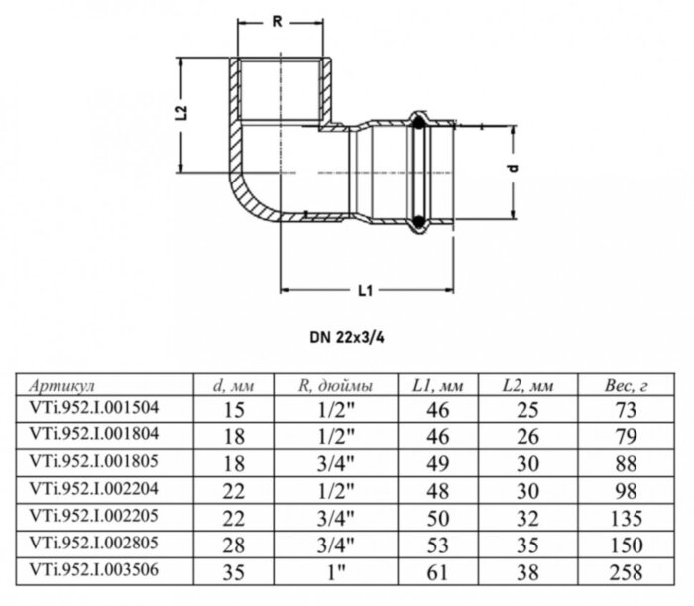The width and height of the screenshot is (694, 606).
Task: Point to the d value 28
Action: (236, 544)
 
